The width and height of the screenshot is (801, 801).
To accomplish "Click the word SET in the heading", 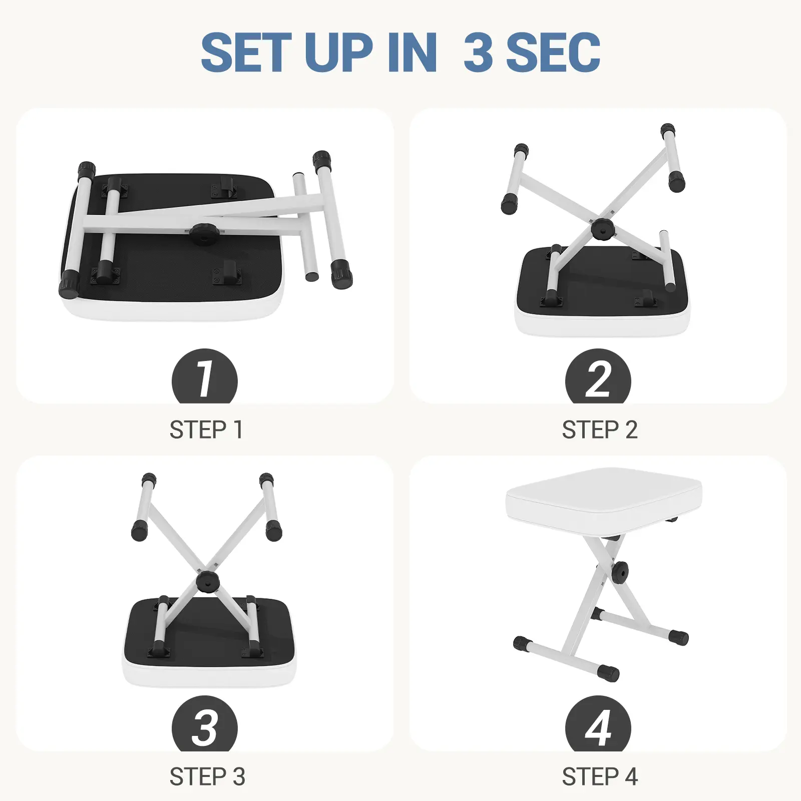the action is click(x=246, y=52).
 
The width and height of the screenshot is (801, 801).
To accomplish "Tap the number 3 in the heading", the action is click(x=479, y=52).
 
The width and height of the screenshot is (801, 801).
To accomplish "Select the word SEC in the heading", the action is click(x=553, y=52).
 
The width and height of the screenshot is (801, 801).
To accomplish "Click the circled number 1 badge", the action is click(x=204, y=376).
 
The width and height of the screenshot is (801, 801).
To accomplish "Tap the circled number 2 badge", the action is click(x=598, y=376).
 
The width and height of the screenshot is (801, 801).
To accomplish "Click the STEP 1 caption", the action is click(x=206, y=430).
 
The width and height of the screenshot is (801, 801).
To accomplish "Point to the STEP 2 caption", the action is click(x=600, y=430).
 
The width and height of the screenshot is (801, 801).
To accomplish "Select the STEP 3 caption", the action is click(x=207, y=777).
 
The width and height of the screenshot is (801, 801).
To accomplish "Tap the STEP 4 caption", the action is click(x=600, y=777).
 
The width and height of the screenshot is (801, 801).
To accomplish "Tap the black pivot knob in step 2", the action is click(x=602, y=228).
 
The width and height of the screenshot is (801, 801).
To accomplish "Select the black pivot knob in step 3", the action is click(x=208, y=582).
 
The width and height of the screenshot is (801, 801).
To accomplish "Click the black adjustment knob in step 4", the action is click(x=620, y=573).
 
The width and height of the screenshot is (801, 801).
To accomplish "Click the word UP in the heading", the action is click(x=338, y=52).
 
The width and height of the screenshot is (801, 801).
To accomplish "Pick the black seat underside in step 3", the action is click(x=209, y=628).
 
